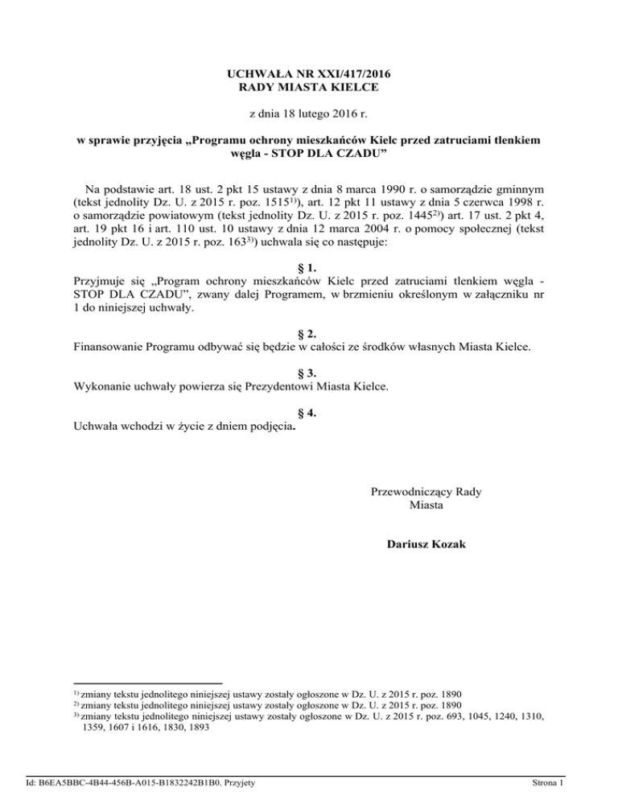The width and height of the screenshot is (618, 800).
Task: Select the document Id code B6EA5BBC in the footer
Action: pyautogui.click(x=90, y=781)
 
